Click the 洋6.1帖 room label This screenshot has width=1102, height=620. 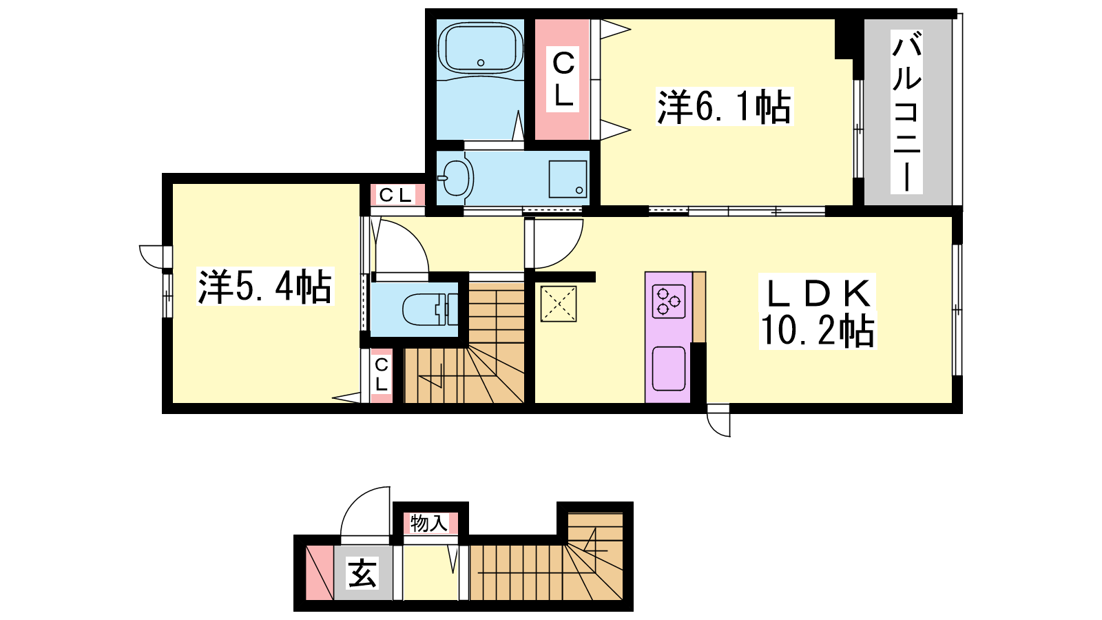point(724,107)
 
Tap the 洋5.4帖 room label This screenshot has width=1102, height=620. point(264,287)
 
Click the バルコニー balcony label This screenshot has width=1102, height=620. point(906,111)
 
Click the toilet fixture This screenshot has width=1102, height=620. point(430,309)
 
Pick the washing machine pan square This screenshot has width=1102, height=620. point(568,178)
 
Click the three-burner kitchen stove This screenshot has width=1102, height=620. point(669,301)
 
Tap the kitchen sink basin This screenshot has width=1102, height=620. point(669,369)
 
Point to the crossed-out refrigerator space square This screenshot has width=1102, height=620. point(559,304)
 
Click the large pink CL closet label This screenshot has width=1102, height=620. point(563,79)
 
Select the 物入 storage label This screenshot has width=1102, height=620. point(429,524)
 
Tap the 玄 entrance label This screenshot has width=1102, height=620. point(362,572)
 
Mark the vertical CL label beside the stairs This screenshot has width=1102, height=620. point(382,375)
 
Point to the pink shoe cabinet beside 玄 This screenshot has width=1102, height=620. point(320,572)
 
